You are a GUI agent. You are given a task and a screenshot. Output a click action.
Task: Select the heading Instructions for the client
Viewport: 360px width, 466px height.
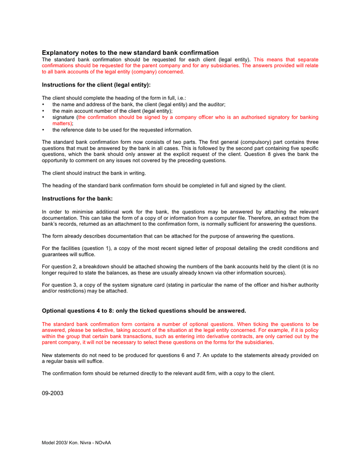(96, 84)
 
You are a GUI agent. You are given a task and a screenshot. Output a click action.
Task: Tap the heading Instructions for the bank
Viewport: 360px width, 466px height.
(77, 198)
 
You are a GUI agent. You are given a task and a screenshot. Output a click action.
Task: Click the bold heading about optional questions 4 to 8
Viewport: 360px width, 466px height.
(144, 311)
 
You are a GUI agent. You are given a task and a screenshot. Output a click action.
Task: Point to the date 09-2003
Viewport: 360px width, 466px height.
(53, 393)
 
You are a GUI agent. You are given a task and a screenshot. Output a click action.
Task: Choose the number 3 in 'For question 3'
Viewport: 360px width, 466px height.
(78, 285)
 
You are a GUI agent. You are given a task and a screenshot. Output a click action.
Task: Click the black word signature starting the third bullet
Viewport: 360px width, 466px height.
(63, 117)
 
